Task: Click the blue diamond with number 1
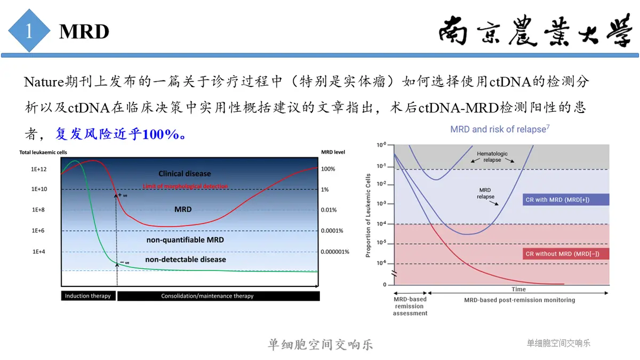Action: [x=29, y=30]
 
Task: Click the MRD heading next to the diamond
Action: [x=84, y=31]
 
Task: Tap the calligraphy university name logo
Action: [x=535, y=30]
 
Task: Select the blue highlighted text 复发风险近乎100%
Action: [x=120, y=134]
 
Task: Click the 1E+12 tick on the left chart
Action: [x=38, y=169]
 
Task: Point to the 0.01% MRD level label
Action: [x=329, y=210]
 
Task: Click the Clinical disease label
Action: [x=185, y=173]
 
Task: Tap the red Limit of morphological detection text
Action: [x=185, y=186]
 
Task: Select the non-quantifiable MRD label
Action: [x=185, y=239]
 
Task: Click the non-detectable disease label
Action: [x=186, y=259]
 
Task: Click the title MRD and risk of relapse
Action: [x=500, y=129]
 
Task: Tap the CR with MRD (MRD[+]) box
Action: [x=566, y=199]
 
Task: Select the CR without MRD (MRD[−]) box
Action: [x=566, y=254]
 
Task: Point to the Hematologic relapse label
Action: [x=492, y=157]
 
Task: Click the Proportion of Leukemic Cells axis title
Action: [x=368, y=215]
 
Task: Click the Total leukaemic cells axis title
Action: [x=43, y=153]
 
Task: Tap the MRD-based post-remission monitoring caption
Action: [x=519, y=300]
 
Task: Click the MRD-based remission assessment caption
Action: [x=410, y=306]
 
